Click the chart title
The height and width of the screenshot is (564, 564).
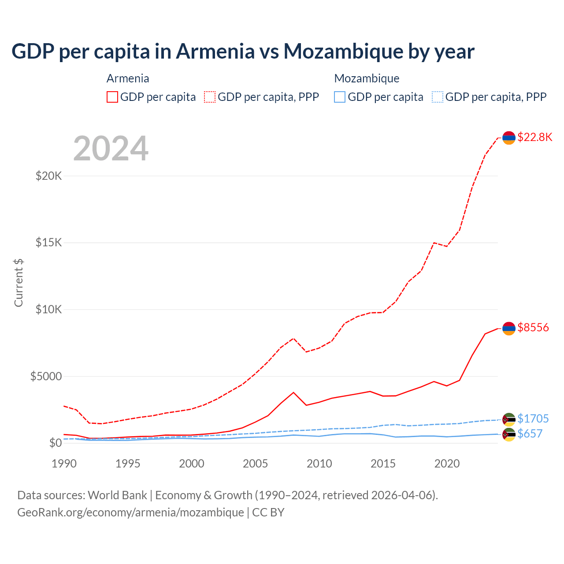243,52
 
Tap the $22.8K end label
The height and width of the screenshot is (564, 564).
534,137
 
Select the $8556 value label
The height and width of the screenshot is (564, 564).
533,327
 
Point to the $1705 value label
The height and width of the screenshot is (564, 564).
533,419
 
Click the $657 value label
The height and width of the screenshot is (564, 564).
530,434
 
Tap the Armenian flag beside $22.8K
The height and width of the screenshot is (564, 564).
509,138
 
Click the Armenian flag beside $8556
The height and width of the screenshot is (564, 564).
509,328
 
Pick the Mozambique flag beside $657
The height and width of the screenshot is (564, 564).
509,434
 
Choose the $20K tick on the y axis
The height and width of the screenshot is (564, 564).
49,176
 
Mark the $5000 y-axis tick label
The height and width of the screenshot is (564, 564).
46,376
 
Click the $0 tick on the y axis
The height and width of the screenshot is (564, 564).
55,443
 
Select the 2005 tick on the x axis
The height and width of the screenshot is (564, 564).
256,464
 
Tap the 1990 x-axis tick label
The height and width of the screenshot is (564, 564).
64,464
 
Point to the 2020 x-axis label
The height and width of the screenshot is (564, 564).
447,464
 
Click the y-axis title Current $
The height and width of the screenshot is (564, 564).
19,282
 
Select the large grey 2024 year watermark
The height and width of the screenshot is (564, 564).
111,149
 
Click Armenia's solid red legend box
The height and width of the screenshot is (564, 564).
112,97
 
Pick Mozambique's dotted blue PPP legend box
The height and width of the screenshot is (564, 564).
438,97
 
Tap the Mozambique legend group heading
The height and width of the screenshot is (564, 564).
367,78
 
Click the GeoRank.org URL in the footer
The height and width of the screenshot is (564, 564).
130,512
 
